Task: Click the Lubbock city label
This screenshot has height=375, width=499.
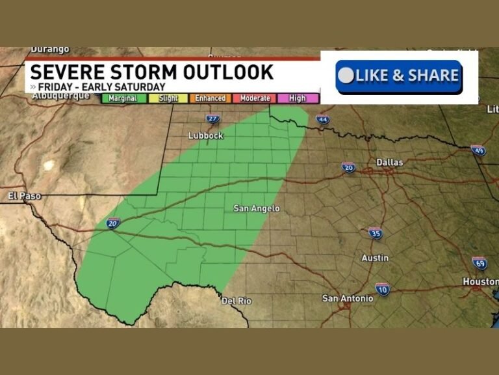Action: tap(205, 135)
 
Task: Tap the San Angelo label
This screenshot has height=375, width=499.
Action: tap(257, 208)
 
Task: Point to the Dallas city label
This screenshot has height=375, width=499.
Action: tap(390, 162)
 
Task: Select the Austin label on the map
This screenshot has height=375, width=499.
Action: tap(375, 258)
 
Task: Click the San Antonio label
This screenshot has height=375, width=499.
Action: tap(348, 298)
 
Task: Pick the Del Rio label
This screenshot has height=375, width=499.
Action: tap(237, 301)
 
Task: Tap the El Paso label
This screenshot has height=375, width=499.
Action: tap(24, 195)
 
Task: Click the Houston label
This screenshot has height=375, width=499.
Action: tap(480, 281)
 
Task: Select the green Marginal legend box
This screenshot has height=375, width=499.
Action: tap(123, 98)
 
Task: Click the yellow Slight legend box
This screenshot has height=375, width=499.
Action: tap(168, 98)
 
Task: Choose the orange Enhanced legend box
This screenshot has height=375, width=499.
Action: tap(211, 98)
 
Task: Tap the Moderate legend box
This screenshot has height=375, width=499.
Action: tap(255, 98)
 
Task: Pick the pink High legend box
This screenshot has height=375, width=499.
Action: tap(298, 98)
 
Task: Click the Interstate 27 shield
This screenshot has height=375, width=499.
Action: tap(213, 118)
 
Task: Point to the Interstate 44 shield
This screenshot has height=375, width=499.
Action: tap(323, 119)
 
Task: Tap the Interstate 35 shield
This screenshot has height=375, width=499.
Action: tap(375, 233)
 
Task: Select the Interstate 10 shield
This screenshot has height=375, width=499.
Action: tap(383, 289)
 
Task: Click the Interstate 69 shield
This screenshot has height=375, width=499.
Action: tap(480, 263)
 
